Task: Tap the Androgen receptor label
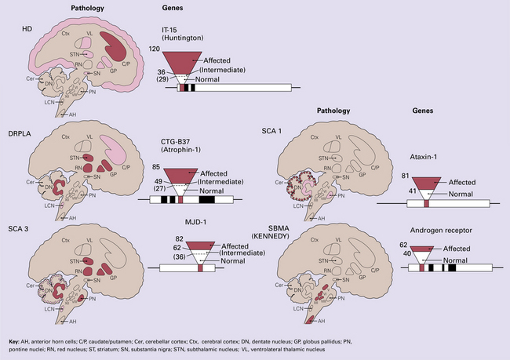click(443, 231)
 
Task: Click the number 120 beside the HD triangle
click(155, 48)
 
